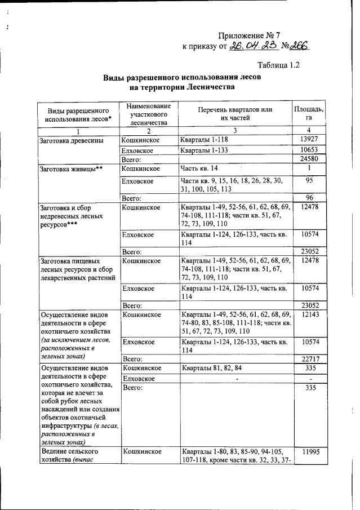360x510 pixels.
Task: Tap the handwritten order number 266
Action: [299, 47]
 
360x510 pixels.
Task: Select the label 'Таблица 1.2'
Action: [278, 65]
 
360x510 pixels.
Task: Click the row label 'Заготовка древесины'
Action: [70, 140]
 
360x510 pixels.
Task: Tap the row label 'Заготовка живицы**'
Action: [70, 169]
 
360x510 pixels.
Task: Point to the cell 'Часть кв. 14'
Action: [199, 169]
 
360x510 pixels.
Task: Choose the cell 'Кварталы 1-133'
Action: [205, 150]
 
